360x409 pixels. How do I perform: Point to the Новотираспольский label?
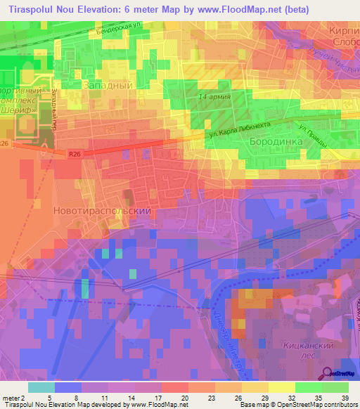point(103,209)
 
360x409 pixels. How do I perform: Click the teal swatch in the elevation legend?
point(41,387)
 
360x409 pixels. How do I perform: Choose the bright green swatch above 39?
point(335,387)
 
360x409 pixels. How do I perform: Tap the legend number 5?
point(50,397)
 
